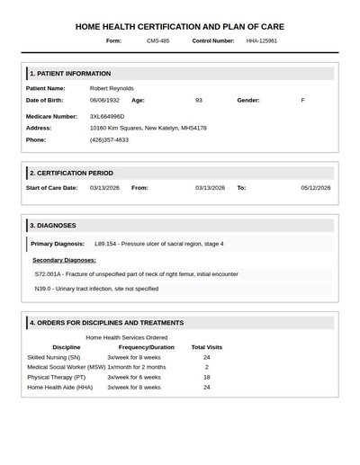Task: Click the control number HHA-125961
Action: [x=262, y=40]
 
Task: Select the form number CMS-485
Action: [x=157, y=40]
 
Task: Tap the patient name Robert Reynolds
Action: [x=112, y=88]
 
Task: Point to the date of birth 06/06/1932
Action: [x=104, y=100]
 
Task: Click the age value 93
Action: [x=199, y=100]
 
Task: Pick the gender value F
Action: [x=302, y=100]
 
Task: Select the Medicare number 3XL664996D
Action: [x=107, y=116]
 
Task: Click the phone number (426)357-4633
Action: [x=109, y=139]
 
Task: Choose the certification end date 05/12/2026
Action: [x=316, y=187]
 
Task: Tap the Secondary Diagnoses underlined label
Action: [x=64, y=259]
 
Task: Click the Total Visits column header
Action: [x=206, y=346]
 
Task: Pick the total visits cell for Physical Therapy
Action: [x=206, y=377]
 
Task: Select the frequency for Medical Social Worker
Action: [x=137, y=367]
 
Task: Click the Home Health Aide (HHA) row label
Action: [x=60, y=387]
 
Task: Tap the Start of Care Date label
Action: [x=52, y=187]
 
